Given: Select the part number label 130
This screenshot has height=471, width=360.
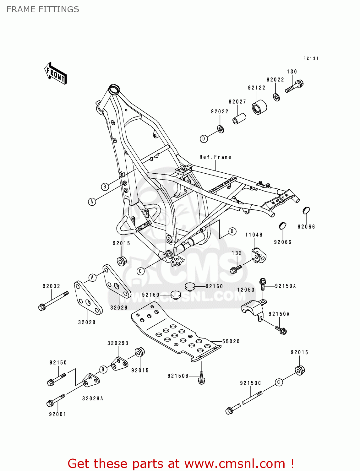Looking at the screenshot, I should coord(292,72).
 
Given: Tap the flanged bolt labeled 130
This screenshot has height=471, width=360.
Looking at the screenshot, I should coord(294,87).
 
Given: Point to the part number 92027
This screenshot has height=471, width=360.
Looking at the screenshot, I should coord(237,101).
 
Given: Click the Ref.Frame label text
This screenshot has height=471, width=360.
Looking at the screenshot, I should coord(215,157).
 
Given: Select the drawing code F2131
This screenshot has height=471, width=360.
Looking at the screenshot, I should coord(311,58).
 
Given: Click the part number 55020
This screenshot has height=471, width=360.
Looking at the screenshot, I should coord(231,341).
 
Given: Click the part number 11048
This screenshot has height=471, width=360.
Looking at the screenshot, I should coord(254,235).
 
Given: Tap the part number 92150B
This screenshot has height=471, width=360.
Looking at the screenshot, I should coord(178,376).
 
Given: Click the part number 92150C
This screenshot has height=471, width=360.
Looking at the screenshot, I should coord(250,383).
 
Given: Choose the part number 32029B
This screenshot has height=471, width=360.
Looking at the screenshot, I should coord(118,343).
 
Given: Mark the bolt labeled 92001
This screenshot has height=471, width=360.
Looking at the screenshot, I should coord(56,400).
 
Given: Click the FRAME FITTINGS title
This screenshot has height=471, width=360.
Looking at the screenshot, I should coord(43,9).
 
